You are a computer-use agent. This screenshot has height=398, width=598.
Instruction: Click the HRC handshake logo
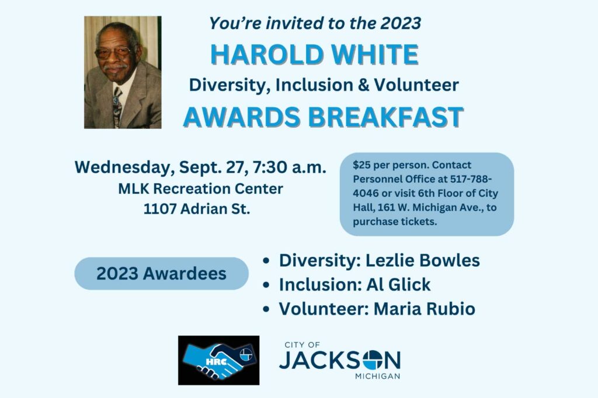click(218, 360)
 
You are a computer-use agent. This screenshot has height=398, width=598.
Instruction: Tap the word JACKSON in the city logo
click(340, 360)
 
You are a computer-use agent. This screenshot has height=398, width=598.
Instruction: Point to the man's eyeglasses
click(114, 52)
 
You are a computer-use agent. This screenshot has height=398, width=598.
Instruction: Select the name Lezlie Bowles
click(423, 260)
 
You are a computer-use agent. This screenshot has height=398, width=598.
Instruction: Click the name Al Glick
click(398, 284)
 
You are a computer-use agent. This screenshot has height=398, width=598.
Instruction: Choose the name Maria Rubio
click(424, 308)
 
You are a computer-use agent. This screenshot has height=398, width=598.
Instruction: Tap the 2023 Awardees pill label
click(161, 273)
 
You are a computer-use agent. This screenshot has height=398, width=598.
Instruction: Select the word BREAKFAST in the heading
click(385, 117)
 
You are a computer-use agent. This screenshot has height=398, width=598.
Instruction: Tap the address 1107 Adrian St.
click(197, 209)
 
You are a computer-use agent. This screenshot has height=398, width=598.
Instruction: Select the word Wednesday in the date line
click(125, 167)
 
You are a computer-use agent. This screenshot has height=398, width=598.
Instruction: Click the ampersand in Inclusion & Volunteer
click(363, 85)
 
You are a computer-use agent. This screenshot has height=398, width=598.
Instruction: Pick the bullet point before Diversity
click(266, 261)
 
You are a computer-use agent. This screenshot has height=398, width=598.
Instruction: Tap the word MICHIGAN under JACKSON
click(378, 376)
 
